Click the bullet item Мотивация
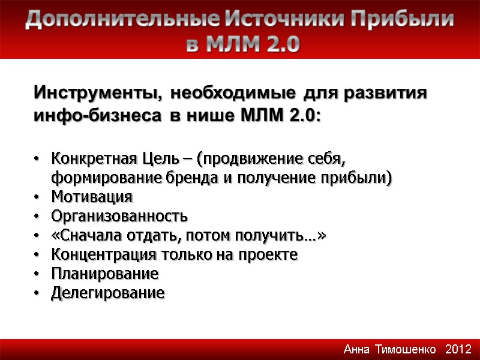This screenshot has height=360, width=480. pos(92,197)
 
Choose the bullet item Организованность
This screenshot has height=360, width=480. pos(119,216)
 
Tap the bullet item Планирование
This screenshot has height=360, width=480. pos(105,274)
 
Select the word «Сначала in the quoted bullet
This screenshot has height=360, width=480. pos(80,235)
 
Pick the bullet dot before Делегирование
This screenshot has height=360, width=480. pos(37,293)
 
